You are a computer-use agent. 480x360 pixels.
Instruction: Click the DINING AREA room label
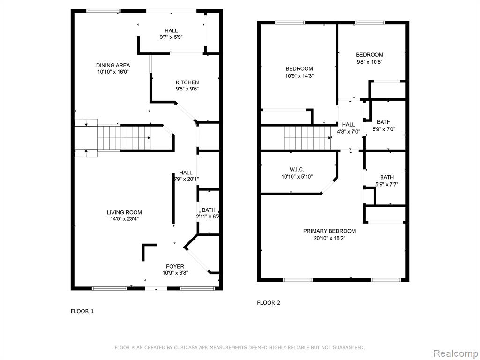113,65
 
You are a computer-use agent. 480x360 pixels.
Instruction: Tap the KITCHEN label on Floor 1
187,82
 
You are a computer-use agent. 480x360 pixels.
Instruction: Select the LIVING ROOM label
124,212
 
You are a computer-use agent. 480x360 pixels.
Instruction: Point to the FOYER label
175,266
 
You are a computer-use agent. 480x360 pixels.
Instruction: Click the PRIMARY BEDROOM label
330,231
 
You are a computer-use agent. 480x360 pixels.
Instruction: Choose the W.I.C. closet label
297,169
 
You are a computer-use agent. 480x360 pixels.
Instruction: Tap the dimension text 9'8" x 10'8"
369,62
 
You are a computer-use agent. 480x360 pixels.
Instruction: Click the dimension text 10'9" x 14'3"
300,75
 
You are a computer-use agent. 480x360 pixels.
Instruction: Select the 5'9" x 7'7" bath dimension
387,184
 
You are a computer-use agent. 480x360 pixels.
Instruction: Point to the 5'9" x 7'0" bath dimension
383,129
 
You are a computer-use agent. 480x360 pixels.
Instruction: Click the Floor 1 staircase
124,137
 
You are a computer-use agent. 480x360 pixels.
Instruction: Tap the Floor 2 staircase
307,138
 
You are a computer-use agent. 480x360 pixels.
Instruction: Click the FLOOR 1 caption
82,311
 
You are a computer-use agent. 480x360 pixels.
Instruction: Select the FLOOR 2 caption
269,303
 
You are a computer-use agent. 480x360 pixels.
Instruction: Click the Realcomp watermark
456,353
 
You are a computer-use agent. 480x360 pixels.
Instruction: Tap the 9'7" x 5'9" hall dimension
171,37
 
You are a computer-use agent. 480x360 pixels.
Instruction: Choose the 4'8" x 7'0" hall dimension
348,132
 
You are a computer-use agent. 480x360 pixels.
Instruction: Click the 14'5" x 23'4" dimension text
124,219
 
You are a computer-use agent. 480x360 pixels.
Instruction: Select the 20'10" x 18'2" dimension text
330,238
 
